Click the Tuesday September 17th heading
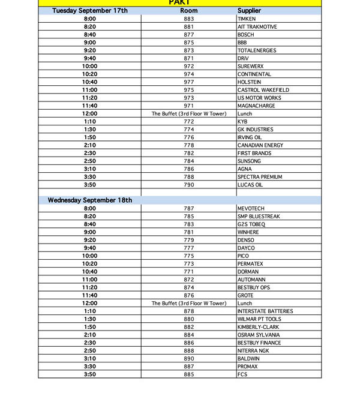tap(90, 11)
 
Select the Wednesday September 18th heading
tap(90, 200)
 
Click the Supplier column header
tap(249, 11)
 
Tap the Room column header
tap(189, 11)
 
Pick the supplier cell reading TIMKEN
tap(247, 19)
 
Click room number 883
tap(189, 19)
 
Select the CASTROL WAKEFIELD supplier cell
tap(263, 90)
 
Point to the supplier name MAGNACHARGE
tap(256, 106)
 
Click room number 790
tap(189, 185)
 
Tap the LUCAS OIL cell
tap(250, 185)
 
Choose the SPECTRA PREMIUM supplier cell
tap(260, 177)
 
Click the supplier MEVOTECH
tap(251, 208)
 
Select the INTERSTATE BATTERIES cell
tap(265, 311)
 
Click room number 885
tap(189, 374)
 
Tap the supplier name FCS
tap(242, 374)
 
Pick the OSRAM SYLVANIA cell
tap(259, 335)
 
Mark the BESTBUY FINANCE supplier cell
tap(259, 343)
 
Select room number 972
tap(189, 67)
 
